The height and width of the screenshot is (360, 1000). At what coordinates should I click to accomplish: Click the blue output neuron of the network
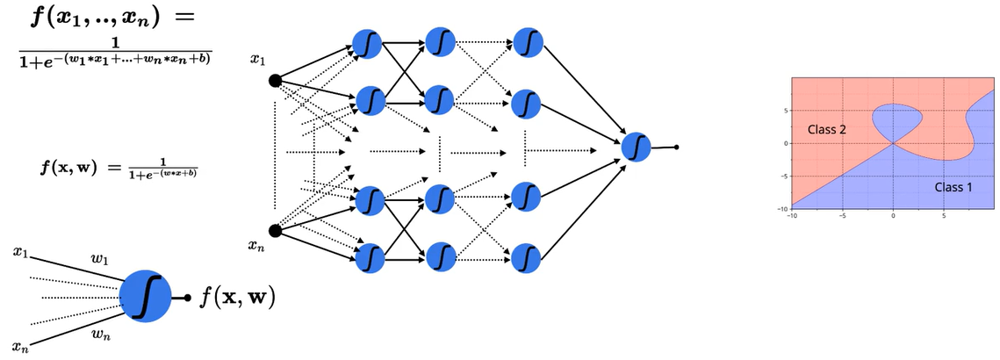pyautogui.click(x=636, y=146)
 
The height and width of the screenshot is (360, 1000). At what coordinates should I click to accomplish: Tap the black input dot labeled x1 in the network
pyautogui.click(x=274, y=81)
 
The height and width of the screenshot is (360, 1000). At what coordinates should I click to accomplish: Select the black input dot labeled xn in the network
pyautogui.click(x=274, y=231)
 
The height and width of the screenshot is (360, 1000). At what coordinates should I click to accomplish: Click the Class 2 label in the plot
pyautogui.click(x=826, y=129)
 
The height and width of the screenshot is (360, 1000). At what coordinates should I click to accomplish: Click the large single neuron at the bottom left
pyautogui.click(x=145, y=296)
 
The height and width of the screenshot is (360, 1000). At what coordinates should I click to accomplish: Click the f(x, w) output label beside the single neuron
pyautogui.click(x=234, y=298)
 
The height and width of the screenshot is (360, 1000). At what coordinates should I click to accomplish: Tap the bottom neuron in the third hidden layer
pyautogui.click(x=526, y=256)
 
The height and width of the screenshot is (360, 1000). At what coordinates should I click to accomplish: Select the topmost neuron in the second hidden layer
pyautogui.click(x=440, y=41)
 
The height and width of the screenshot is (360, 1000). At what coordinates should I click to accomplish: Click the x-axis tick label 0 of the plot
pyautogui.click(x=893, y=213)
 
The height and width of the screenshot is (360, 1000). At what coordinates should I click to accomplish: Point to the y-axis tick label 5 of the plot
pyautogui.click(x=786, y=111)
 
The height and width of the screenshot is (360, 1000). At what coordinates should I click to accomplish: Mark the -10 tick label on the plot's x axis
pyautogui.click(x=791, y=213)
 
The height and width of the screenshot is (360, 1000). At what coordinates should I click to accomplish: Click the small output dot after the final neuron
pyautogui.click(x=676, y=148)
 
